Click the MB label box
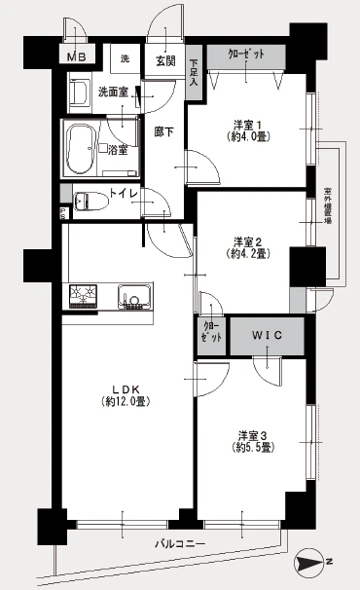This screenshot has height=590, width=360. (77, 57)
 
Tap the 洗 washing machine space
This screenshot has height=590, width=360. (125, 58)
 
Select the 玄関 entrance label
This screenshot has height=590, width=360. (164, 59)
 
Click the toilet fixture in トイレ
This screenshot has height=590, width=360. (88, 201)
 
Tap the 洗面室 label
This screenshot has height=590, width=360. (115, 92)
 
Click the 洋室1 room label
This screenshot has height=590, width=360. (248, 124)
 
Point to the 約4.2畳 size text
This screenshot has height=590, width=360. (248, 253)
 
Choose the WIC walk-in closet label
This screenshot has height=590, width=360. (265, 336)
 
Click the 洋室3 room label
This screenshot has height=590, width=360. (251, 435)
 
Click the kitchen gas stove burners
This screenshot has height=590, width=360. (85, 295)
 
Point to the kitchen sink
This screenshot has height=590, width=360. (132, 295)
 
